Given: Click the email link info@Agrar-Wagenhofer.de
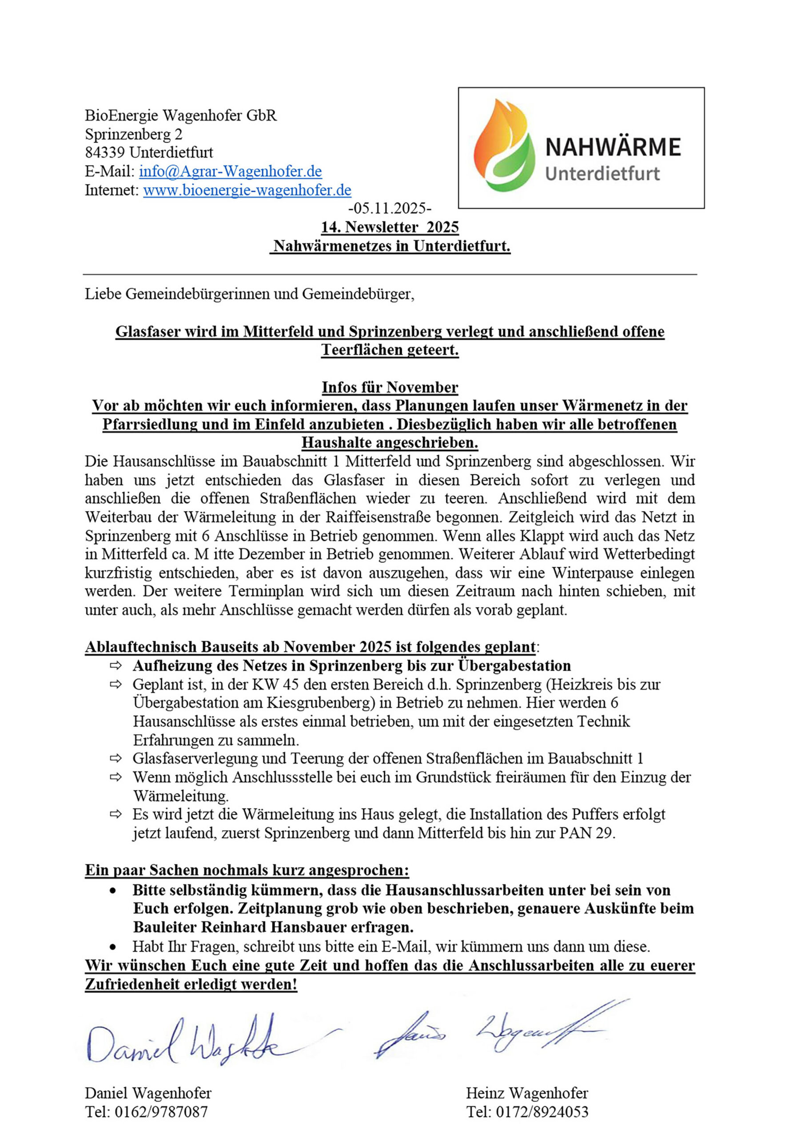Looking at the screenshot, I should pyautogui.click(x=231, y=172).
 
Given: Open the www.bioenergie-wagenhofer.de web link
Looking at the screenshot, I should pyautogui.click(x=247, y=190).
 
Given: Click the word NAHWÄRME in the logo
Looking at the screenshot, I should pyautogui.click(x=613, y=148).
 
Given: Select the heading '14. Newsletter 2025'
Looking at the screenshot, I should pyautogui.click(x=390, y=227).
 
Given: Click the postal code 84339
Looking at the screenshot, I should pyautogui.click(x=105, y=152).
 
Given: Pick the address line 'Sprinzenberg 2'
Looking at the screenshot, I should pyautogui.click(x=134, y=134).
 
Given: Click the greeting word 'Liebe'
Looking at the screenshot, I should pyautogui.click(x=103, y=294).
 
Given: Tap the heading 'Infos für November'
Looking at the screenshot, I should pyautogui.click(x=390, y=387).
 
